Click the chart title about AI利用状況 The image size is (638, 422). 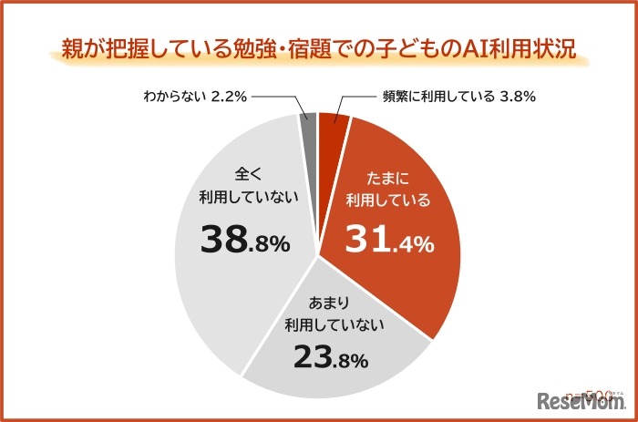click(x=319, y=46)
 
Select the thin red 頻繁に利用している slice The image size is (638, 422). click(x=334, y=130)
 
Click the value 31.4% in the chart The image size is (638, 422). click(x=389, y=241)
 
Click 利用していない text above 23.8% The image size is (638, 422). click(x=334, y=324)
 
